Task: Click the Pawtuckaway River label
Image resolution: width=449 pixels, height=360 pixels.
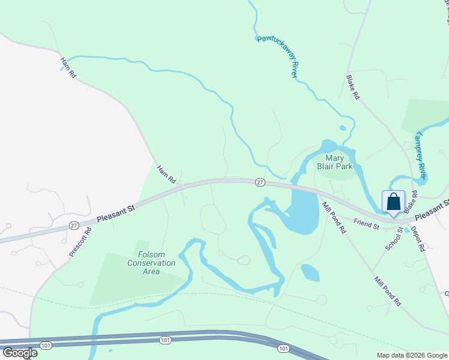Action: pos(277,56)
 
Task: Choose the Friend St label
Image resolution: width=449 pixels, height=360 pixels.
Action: pos(366,224)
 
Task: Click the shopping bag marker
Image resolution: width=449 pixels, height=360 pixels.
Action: pos(394,202)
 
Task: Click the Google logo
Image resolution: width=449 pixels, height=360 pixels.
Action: pos(20,352)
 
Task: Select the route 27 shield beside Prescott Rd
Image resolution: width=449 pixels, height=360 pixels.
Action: pos(73,225)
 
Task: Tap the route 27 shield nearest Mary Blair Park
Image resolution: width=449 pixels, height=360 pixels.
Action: pos(259,182)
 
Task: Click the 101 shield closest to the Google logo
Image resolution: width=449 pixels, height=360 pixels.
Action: pos(46,345)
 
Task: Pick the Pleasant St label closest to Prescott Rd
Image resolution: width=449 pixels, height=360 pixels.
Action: pos(116,213)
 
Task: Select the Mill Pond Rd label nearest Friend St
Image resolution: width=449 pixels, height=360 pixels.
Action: pos(334,218)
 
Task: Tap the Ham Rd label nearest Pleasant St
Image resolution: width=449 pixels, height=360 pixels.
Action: pos(166,175)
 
